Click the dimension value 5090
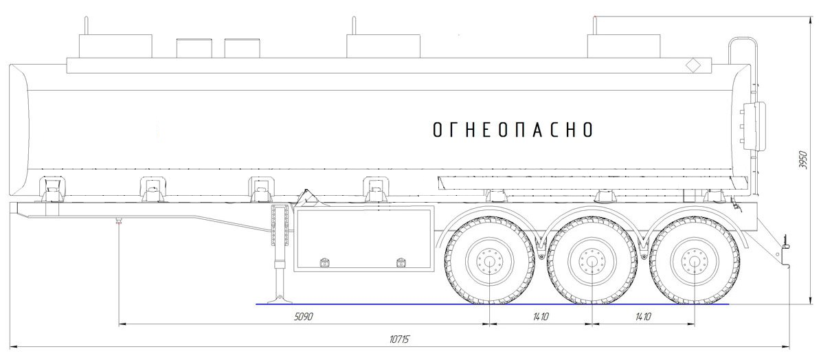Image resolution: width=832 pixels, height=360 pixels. coord(304,317)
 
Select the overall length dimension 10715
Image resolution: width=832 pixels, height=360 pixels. coord(399,339)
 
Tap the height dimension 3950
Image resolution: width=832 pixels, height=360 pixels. coord(803,160)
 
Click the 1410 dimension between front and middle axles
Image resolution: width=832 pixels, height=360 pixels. coord(541,317)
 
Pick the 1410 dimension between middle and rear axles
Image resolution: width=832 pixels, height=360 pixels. coord(643,317)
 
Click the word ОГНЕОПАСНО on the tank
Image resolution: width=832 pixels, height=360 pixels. coord(513,130)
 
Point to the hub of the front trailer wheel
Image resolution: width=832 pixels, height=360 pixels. coord(490,260)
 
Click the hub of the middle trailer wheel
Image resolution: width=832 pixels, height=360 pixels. coord(592,260)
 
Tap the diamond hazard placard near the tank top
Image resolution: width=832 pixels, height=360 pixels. coord(693,66)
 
